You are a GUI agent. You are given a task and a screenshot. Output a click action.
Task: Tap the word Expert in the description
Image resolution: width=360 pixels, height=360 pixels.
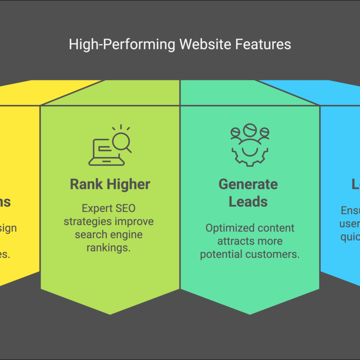[96, 208]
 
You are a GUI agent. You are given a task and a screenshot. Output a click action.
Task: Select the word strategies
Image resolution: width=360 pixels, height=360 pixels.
[88, 221]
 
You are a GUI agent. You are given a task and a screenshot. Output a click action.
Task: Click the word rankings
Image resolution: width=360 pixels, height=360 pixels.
[108, 247]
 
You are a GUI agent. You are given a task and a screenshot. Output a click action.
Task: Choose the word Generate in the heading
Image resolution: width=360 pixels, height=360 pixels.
[248, 184]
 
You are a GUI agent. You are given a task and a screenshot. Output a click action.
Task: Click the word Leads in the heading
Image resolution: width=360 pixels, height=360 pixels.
[248, 202]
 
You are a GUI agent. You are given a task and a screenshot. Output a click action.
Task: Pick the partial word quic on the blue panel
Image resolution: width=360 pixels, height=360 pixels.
[350, 237]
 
